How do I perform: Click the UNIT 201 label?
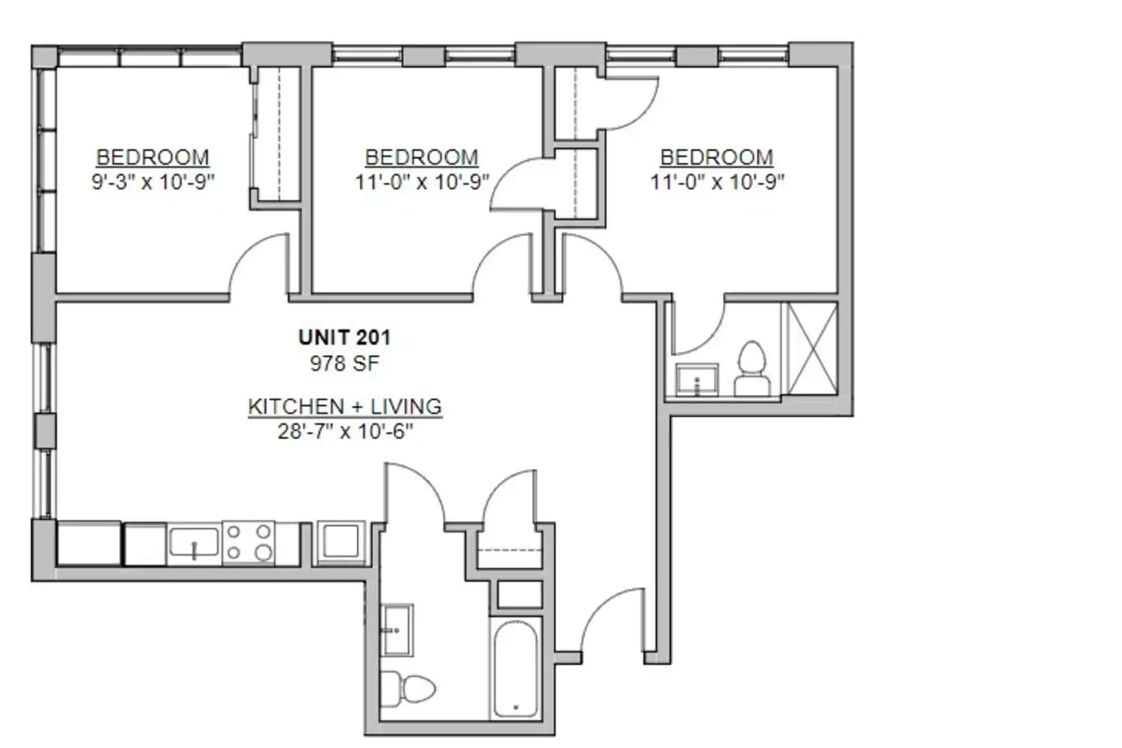pyautogui.click(x=344, y=338)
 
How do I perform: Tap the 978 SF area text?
pyautogui.click(x=344, y=363)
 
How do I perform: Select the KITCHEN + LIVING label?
pyautogui.click(x=345, y=406)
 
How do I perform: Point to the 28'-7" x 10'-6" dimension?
pyautogui.click(x=345, y=431)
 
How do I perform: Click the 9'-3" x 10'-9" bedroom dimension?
pyautogui.click(x=153, y=182)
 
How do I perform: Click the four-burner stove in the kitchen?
pyautogui.click(x=249, y=543)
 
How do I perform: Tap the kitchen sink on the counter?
pyautogui.click(x=194, y=543)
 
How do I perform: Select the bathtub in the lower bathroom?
pyautogui.click(x=515, y=670)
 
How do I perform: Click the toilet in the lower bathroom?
pyautogui.click(x=407, y=689)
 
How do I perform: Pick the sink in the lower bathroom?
pyautogui.click(x=397, y=630)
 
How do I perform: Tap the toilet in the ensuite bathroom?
pyautogui.click(x=752, y=369)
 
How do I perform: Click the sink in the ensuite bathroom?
pyautogui.click(x=697, y=380)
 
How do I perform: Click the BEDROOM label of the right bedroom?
pyautogui.click(x=716, y=157)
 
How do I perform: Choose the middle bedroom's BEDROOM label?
pyautogui.click(x=421, y=157)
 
